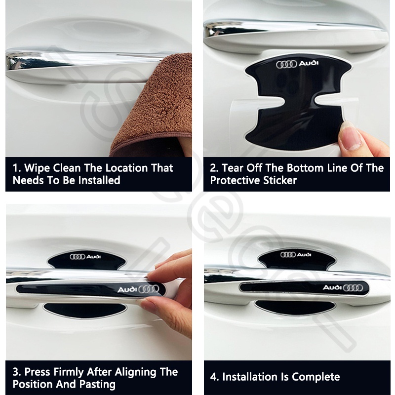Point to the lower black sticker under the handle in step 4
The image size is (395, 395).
295,307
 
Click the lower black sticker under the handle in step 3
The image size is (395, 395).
85,311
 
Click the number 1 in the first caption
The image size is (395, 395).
16,168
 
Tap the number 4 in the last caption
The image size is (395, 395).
214,377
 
